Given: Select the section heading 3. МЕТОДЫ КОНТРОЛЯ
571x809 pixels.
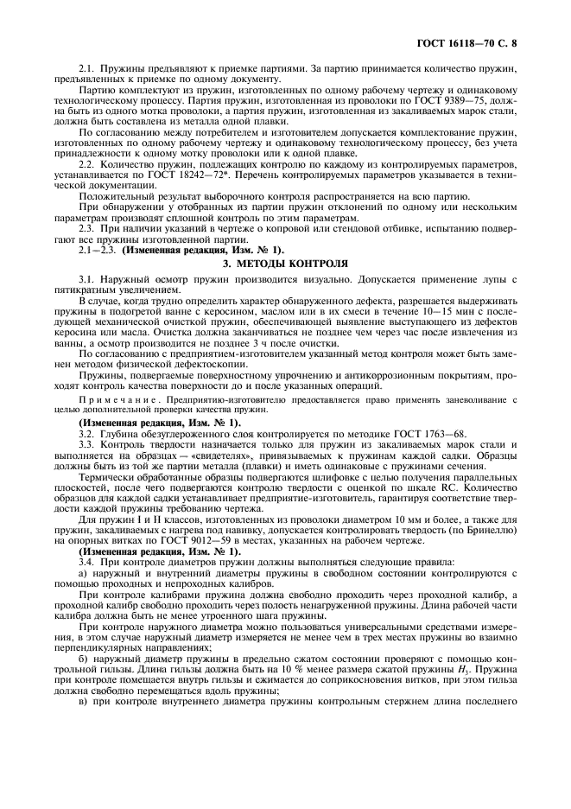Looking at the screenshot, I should [285, 262].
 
